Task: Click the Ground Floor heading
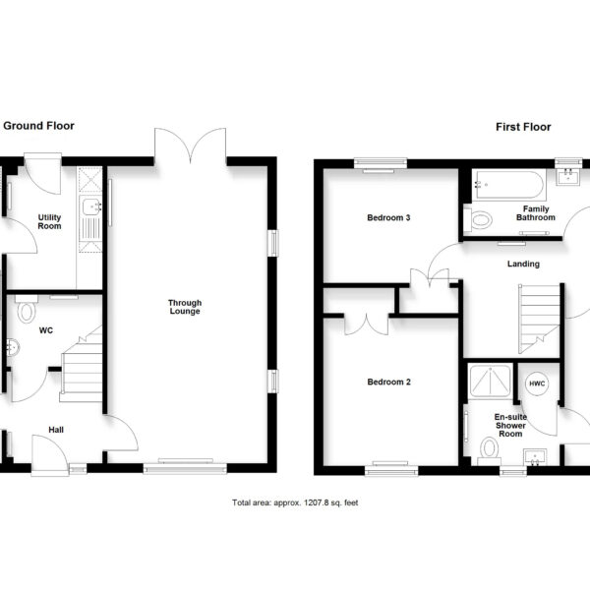tap(38, 126)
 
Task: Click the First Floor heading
tap(523, 127)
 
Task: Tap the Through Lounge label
tap(185, 307)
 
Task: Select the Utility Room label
tap(49, 221)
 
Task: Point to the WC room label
tap(46, 330)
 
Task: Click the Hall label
tap(56, 430)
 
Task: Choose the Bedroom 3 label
tap(388, 217)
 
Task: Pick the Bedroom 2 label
tap(388, 382)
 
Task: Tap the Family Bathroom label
tap(536, 213)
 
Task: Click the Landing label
tap(523, 264)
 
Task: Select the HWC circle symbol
tap(537, 383)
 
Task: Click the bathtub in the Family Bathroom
tap(507, 185)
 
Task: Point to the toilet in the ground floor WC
tap(27, 310)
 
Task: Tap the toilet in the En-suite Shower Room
tap(489, 450)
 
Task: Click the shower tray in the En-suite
tap(491, 381)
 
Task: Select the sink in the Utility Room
tap(91, 207)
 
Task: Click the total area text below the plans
tap(295, 502)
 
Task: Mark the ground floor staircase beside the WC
tap(82, 364)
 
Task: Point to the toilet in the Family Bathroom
tap(478, 219)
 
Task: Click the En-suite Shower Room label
tap(510, 425)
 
